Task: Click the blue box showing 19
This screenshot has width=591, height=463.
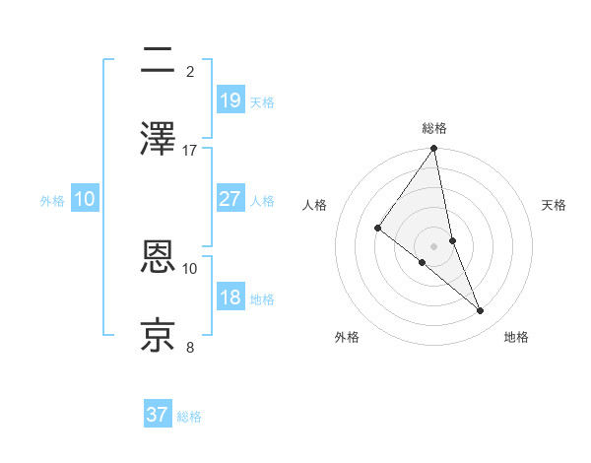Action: tap(230, 100)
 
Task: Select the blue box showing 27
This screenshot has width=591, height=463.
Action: tap(230, 199)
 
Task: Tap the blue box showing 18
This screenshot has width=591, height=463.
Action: tap(230, 298)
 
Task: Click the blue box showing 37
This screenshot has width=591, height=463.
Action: tap(158, 415)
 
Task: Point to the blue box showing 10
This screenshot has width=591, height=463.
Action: tap(85, 199)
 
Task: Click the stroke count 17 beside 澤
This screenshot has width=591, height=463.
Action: tap(190, 151)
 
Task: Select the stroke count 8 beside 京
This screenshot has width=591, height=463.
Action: tap(190, 347)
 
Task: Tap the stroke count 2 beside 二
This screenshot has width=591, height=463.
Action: tap(190, 72)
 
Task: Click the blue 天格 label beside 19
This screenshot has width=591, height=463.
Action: tap(262, 101)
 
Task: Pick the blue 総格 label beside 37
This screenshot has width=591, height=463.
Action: tap(189, 417)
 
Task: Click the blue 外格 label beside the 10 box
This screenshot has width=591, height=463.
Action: tap(52, 200)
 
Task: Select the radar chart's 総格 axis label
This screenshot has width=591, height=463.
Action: tap(434, 128)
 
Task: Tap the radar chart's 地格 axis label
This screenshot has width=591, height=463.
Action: tap(516, 338)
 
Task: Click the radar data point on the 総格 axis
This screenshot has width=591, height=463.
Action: tap(434, 150)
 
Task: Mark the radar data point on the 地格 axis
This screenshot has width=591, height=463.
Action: tap(481, 311)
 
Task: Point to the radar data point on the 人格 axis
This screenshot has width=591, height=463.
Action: tap(377, 228)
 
